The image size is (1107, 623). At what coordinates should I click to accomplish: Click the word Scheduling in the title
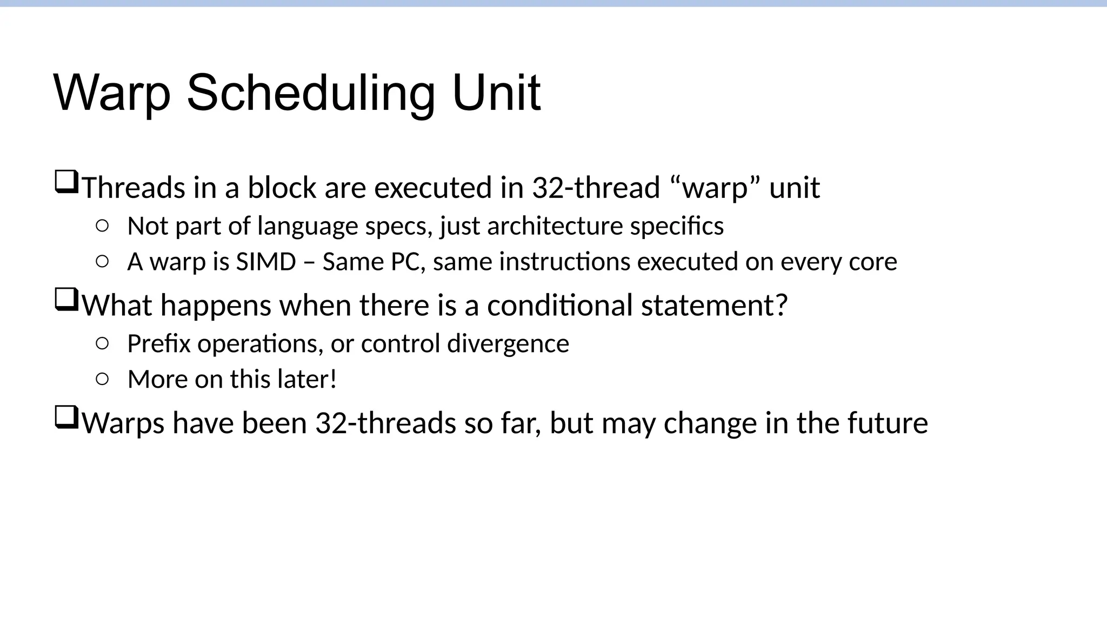tap(311, 93)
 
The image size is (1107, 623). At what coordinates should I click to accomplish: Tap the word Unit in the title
tap(496, 93)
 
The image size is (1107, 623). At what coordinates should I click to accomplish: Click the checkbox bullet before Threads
tap(66, 182)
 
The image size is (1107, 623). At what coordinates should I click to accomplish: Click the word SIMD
tap(266, 262)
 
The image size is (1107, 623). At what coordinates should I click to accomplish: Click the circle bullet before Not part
tap(102, 226)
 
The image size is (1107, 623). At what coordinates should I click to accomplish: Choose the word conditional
tap(560, 305)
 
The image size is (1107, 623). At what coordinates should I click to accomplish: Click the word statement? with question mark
tap(714, 305)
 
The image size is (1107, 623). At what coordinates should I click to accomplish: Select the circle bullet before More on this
tap(102, 379)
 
